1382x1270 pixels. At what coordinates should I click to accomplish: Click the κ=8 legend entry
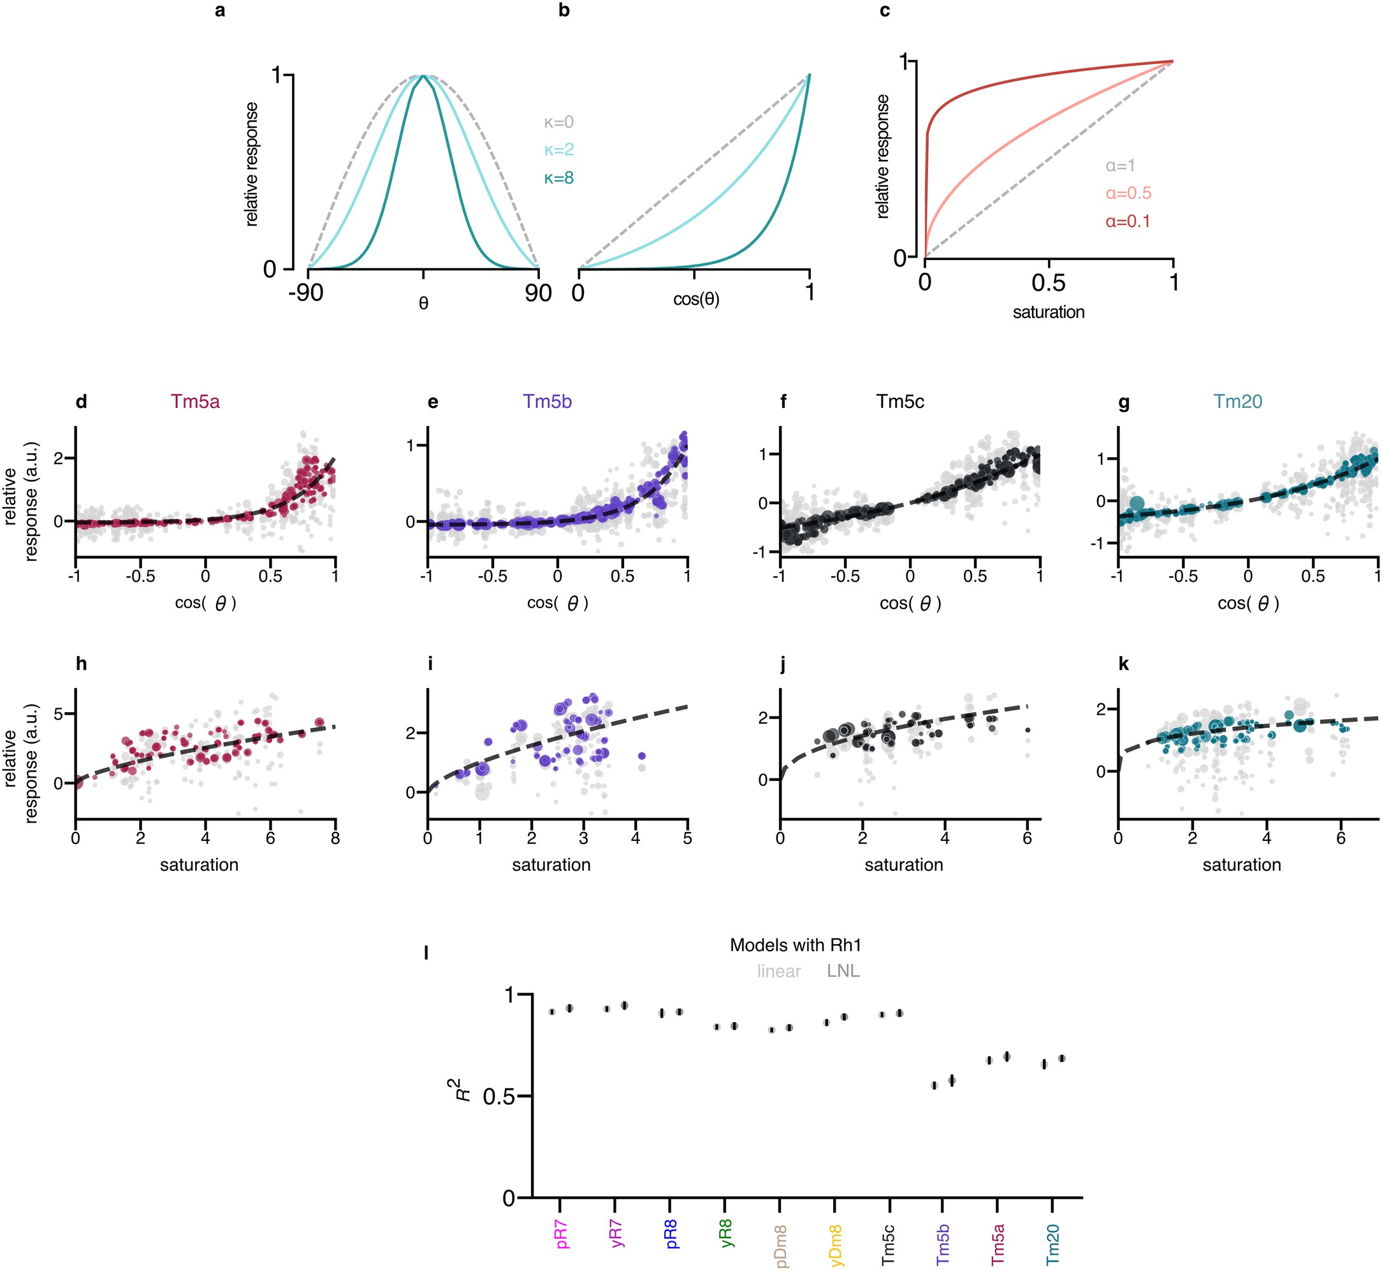(x=558, y=178)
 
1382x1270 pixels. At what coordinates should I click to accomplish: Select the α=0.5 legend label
(x=1128, y=193)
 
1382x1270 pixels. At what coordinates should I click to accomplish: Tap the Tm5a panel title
(x=195, y=402)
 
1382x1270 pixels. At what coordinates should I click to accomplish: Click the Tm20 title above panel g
(x=1238, y=402)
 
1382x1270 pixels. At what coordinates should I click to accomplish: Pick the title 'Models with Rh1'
(x=795, y=945)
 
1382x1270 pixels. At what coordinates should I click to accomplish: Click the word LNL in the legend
(x=843, y=971)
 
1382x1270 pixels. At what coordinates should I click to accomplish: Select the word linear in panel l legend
(x=778, y=971)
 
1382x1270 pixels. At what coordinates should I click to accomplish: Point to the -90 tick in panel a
(x=306, y=293)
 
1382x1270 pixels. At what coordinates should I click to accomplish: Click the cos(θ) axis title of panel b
(x=696, y=299)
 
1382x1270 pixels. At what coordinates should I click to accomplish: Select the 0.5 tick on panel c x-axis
(x=1048, y=282)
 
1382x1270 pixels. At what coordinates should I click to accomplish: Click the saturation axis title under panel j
(x=904, y=865)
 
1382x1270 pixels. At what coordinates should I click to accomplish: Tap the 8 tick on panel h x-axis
(x=335, y=838)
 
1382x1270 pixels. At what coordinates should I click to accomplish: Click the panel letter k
(x=1124, y=664)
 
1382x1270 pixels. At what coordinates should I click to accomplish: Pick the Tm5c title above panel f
(x=899, y=402)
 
